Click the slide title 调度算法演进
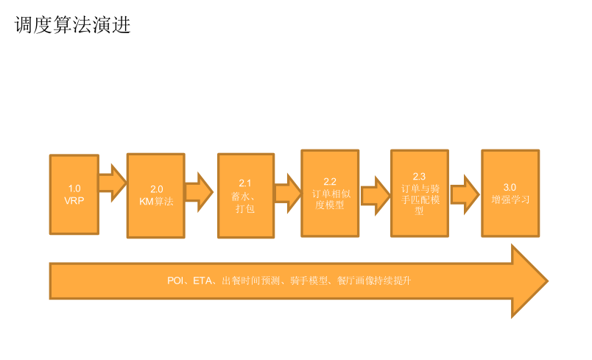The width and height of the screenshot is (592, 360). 73,26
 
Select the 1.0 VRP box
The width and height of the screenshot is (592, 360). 74,194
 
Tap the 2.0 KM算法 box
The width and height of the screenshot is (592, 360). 155,195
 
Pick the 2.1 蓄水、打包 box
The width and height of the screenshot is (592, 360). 246,195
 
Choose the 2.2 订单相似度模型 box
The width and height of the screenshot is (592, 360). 330,193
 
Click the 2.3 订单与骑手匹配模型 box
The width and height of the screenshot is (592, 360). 419,193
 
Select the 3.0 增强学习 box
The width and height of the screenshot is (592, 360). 510,193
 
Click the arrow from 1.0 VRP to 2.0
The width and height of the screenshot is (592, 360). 112,183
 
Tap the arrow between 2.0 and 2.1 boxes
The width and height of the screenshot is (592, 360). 199,191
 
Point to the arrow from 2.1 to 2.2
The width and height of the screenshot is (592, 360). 288,193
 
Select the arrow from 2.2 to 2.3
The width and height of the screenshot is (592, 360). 376,195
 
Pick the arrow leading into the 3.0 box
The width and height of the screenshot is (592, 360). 465,194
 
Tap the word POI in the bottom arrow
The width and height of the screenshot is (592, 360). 175,280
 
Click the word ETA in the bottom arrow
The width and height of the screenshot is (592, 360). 202,280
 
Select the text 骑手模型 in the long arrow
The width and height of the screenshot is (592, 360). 308,280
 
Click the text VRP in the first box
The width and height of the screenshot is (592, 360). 74,200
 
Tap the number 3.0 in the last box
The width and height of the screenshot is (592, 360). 510,187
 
